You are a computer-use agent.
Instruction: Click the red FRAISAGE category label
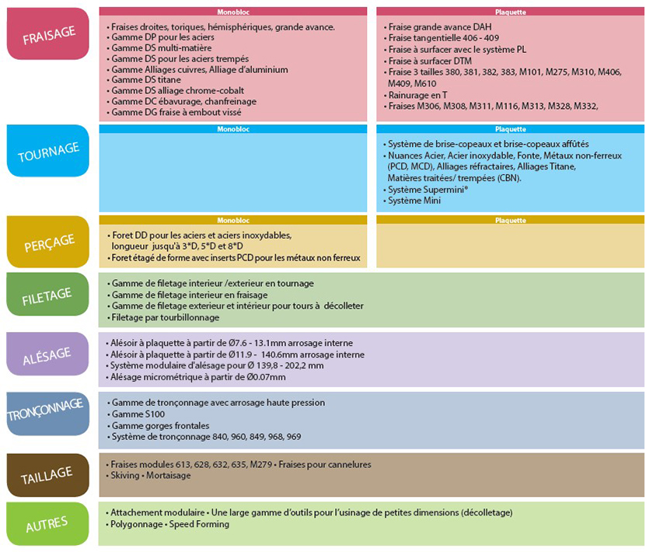click(48, 33)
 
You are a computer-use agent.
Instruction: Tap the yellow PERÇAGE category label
click(48, 241)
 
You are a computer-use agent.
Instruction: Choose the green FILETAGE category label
click(48, 294)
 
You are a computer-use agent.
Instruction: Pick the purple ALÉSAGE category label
click(48, 354)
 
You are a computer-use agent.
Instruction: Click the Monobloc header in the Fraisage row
click(233, 12)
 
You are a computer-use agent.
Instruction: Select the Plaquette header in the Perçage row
click(510, 220)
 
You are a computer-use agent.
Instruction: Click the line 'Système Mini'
click(414, 201)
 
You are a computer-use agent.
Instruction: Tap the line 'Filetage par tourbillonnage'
click(165, 317)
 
